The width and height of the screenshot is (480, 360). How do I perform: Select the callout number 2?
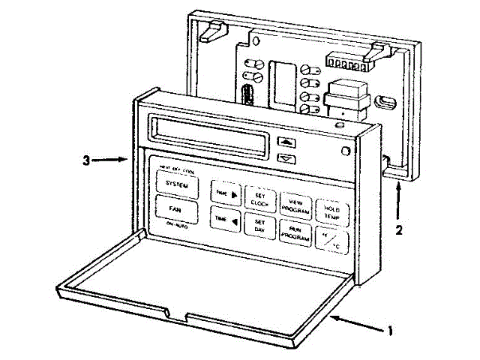pos(399,230)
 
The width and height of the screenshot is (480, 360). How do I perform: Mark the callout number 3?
pos(87,160)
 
